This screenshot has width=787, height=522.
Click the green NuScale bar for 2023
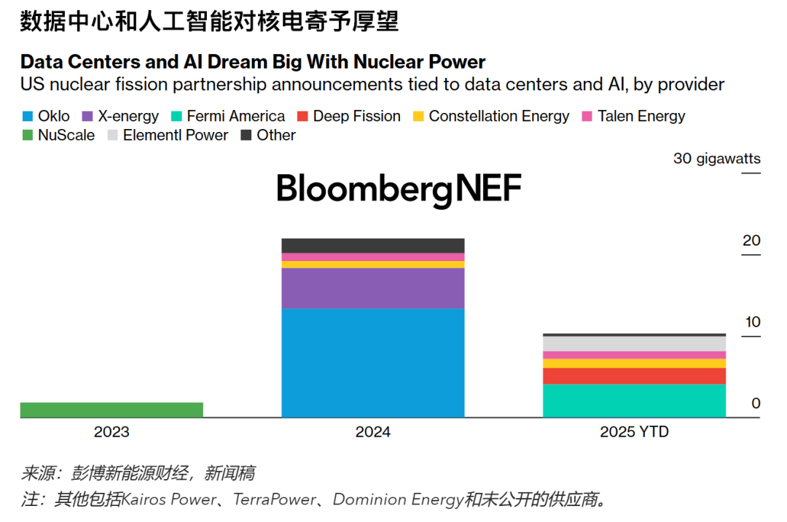[111, 410]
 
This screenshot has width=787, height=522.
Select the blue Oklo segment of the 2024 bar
[373, 362]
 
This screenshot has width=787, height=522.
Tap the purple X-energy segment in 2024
[373, 288]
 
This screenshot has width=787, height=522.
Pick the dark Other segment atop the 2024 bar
[373, 246]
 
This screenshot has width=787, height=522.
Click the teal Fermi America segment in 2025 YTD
[635, 400]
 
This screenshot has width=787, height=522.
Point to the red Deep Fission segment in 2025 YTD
[635, 376]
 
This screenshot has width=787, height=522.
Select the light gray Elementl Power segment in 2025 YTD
[635, 343]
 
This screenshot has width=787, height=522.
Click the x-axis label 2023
[111, 432]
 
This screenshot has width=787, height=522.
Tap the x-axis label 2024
[373, 432]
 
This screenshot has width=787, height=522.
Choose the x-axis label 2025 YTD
[634, 432]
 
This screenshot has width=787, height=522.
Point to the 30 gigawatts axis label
[717, 158]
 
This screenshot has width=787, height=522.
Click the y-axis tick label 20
[751, 241]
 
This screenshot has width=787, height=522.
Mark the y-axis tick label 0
[756, 403]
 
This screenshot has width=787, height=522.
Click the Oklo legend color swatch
[27, 117]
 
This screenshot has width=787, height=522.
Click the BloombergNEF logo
[399, 189]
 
